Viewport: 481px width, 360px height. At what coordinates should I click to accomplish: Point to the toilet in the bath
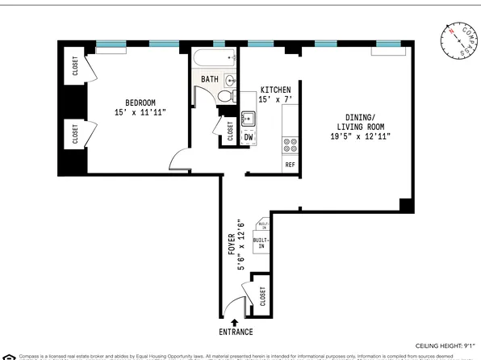(227, 94)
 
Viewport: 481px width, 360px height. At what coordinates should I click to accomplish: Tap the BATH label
(210, 79)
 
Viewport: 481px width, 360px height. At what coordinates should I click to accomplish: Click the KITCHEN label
(274, 90)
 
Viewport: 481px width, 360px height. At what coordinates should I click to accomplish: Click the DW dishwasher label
(249, 137)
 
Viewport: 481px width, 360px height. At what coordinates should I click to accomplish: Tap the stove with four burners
(290, 145)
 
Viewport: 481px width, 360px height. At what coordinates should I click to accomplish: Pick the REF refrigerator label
(290, 165)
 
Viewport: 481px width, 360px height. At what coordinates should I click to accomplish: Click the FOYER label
(229, 244)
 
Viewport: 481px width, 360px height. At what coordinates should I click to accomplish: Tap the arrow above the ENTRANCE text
(235, 323)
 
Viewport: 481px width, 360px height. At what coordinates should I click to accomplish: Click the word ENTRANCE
(235, 333)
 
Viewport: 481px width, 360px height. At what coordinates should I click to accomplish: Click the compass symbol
(458, 40)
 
